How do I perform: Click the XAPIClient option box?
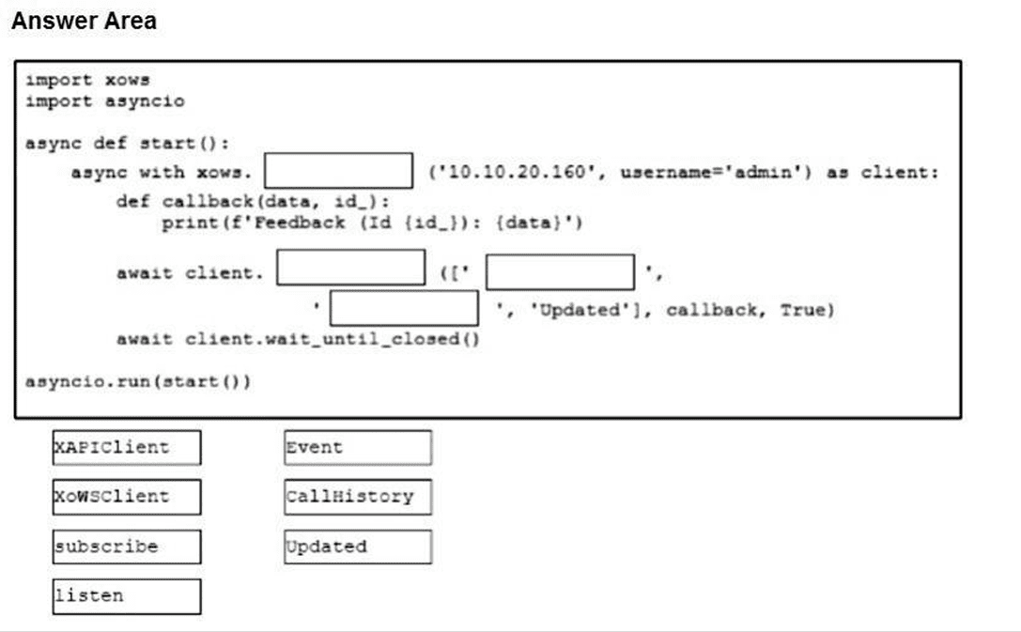point(126,447)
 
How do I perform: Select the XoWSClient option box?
point(126,496)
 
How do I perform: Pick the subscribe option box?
point(126,546)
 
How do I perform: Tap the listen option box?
point(126,595)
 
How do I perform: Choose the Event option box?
point(358,447)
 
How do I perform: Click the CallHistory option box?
point(358,496)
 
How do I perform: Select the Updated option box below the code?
point(358,546)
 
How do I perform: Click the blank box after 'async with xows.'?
point(338,172)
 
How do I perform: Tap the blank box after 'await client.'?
point(350,268)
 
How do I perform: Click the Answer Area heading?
point(84,22)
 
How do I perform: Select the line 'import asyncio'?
point(104,100)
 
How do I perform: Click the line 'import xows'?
point(87,80)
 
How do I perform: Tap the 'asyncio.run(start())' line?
point(138,383)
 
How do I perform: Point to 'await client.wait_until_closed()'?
point(298,339)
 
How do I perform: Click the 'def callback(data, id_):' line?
point(252,201)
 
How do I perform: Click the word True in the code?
point(803,310)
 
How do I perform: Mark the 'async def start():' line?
point(127,143)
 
